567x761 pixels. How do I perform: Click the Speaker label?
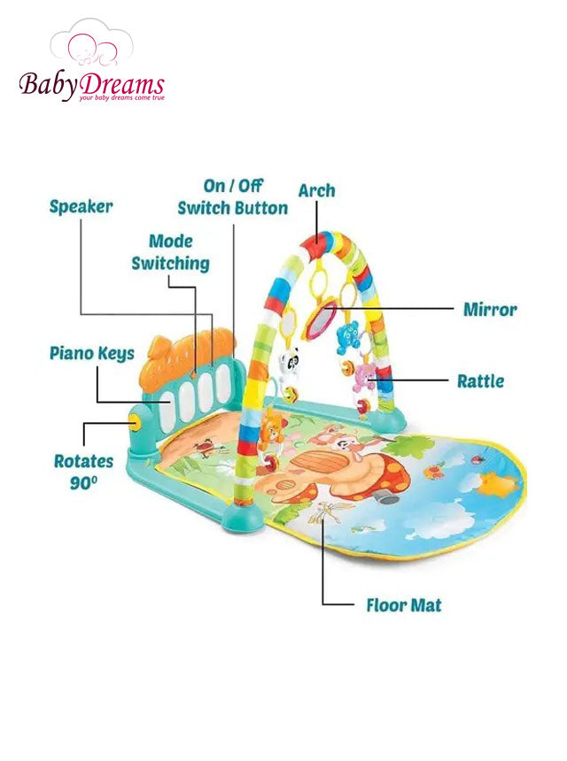tap(81, 207)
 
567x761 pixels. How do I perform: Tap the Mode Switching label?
tap(171, 252)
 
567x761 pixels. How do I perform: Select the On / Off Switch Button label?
tap(232, 197)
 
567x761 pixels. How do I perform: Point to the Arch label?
tap(316, 190)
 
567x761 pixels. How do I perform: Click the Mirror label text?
tap(490, 310)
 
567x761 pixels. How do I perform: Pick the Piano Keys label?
tap(92, 354)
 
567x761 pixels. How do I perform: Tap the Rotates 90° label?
tap(83, 472)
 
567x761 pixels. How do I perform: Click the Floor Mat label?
tap(404, 605)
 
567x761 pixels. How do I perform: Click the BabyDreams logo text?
tap(92, 86)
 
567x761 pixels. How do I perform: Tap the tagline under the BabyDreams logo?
tap(121, 98)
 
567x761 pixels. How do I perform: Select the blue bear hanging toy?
tap(348, 335)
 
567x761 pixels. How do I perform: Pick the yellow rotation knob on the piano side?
tap(136, 424)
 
